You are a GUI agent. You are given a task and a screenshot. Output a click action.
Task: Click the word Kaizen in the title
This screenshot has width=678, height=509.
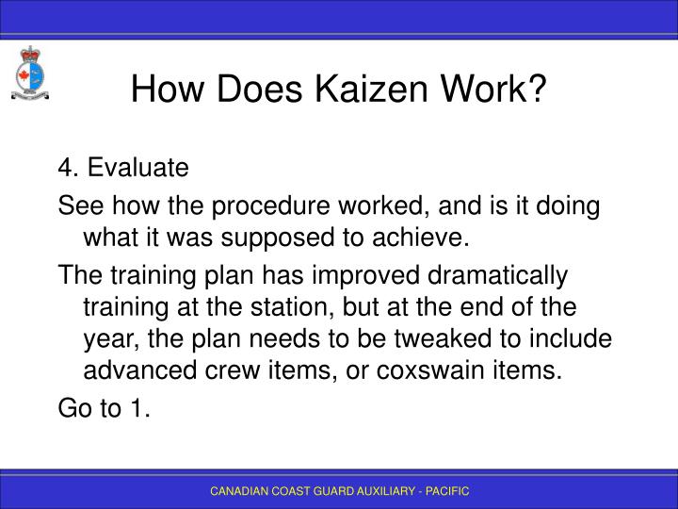click(345, 90)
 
